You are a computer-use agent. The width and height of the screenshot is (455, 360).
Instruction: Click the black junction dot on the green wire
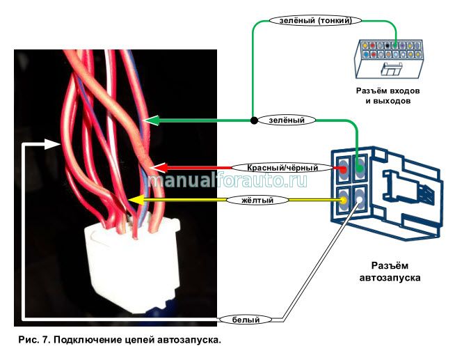pyautogui.click(x=253, y=120)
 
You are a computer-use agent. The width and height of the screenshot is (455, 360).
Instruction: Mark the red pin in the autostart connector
pyautogui.click(x=344, y=168)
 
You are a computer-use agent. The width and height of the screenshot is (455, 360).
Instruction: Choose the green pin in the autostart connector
pyautogui.click(x=359, y=167)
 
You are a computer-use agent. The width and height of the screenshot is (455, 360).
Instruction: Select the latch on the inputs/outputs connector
pyautogui.click(x=391, y=69)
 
